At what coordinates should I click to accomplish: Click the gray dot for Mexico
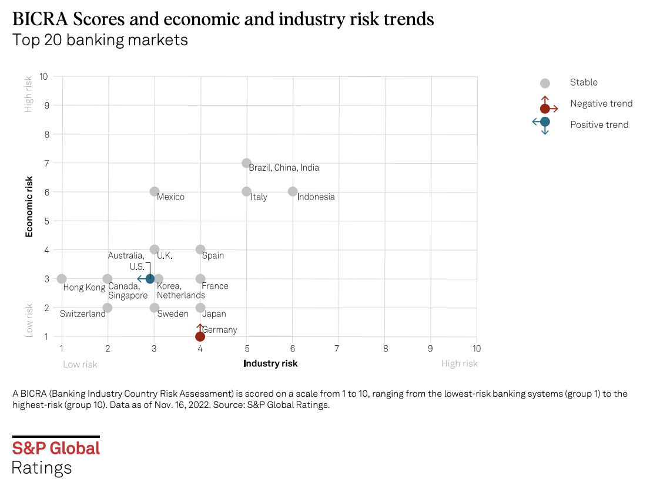155,191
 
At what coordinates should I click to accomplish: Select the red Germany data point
200,336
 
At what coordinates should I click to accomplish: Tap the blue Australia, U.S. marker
150,279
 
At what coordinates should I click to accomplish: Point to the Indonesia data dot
293,191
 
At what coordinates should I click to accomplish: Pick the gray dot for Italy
247,191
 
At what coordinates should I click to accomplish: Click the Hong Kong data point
62,279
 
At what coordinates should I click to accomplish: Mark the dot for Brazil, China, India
247,163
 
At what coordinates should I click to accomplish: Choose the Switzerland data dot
108,308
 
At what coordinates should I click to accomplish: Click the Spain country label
213,256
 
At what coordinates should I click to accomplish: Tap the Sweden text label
173,314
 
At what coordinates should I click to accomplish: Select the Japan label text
214,314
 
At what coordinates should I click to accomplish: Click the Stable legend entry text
584,83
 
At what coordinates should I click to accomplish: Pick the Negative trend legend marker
545,108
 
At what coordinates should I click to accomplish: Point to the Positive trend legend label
599,124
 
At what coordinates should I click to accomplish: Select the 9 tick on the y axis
43,106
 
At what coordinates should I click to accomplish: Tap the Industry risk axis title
270,363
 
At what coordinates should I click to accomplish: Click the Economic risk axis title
29,209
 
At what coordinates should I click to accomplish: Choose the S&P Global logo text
56,448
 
